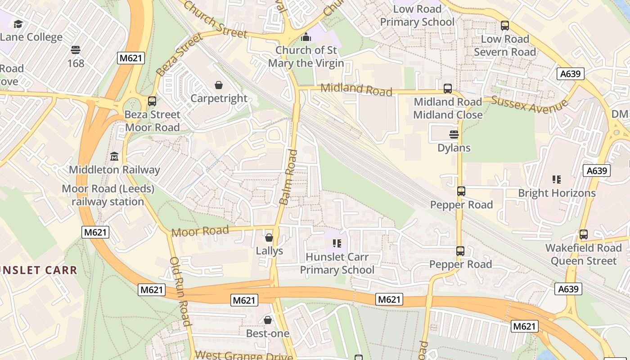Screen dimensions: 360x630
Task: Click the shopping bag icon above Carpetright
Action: click(219, 85)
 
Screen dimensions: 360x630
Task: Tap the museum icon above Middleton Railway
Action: click(114, 157)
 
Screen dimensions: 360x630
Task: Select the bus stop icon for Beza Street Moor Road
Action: click(152, 101)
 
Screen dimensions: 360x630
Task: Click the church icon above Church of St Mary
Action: click(306, 36)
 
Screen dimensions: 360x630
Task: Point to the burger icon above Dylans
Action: click(454, 135)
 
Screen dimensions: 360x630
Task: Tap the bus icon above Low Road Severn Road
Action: click(505, 26)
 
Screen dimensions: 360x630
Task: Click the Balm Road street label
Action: click(288, 177)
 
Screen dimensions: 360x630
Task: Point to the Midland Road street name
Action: click(356, 89)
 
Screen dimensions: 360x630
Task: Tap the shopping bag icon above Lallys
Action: click(269, 237)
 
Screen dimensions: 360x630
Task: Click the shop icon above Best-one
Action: click(268, 320)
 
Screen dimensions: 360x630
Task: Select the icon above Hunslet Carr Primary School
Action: click(337, 243)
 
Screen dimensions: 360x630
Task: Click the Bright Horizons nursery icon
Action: click(557, 180)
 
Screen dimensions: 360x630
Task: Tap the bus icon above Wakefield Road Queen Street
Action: click(584, 234)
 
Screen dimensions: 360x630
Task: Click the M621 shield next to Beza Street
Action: click(131, 58)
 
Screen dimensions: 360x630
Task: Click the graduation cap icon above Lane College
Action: click(18, 24)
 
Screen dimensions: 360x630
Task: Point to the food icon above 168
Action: click(76, 50)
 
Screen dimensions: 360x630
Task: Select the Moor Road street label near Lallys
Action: click(200, 231)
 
